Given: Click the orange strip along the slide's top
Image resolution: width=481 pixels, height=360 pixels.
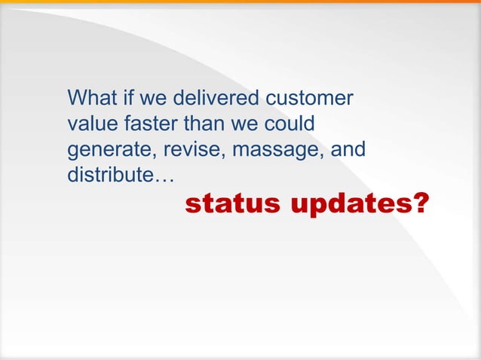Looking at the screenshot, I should coord(240,2).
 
